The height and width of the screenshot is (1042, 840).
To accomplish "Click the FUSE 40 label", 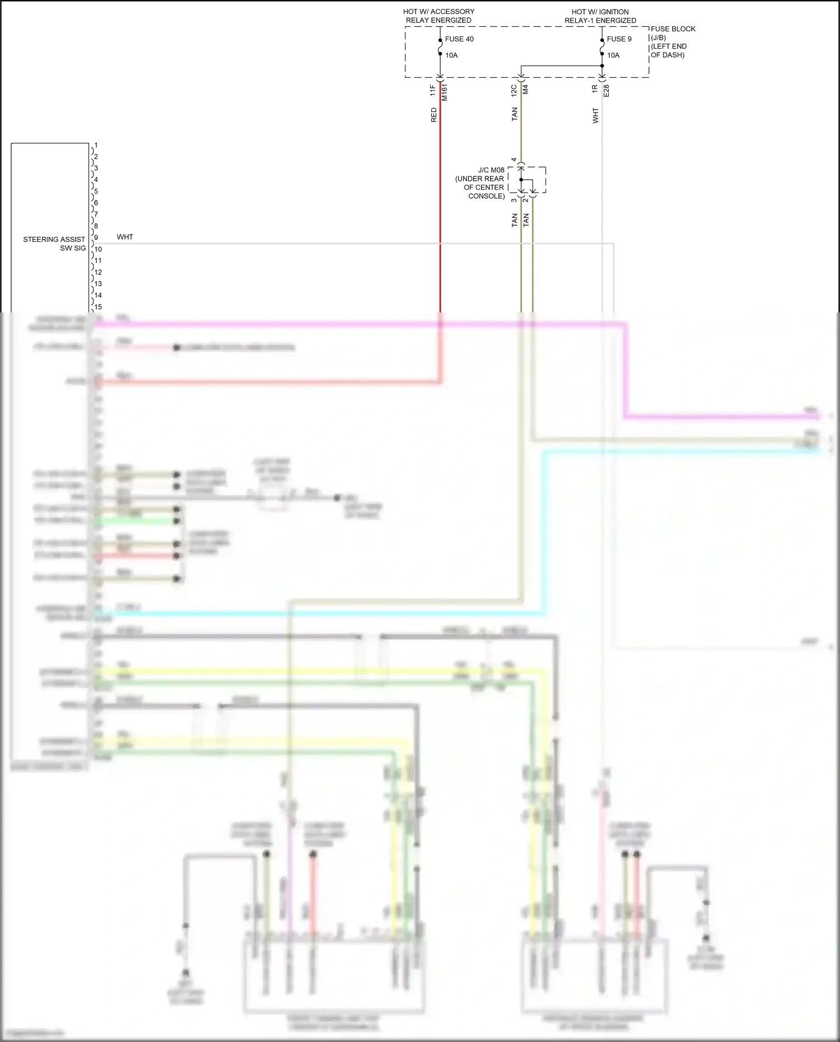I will pos(459,39).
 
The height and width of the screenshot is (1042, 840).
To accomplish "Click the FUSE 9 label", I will pos(619,39).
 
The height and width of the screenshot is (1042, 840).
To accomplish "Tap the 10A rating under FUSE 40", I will pos(451,55).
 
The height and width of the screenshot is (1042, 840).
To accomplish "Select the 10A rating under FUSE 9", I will pos(613,55).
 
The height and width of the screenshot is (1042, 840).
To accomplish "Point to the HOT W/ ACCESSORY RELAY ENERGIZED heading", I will pos(438,16).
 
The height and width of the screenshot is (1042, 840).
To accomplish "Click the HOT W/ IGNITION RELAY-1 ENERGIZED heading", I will pos(600,16).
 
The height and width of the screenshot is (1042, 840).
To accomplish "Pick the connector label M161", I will pos(445,92).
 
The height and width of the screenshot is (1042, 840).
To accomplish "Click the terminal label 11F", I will pos(433,90).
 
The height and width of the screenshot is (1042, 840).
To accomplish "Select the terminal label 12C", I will pos(514,90).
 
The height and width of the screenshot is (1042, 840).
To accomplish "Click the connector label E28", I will pos(606,91).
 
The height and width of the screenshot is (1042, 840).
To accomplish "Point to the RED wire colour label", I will pos(433,115).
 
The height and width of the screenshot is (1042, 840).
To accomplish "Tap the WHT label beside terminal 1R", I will pos(595,116).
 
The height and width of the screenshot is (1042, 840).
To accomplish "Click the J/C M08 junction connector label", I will pos(491,170).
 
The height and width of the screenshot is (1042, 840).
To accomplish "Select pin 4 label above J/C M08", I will pos(514,160).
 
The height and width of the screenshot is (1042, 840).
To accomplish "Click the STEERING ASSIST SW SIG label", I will pos(54,244).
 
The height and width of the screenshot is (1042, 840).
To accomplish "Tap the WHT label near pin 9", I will pos(125,237).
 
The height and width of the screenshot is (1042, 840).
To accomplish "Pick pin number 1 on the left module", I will pos(96,146).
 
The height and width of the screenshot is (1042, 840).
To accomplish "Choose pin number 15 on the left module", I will pos(98,307).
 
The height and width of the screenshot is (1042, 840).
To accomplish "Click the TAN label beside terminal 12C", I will pos(515,114).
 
